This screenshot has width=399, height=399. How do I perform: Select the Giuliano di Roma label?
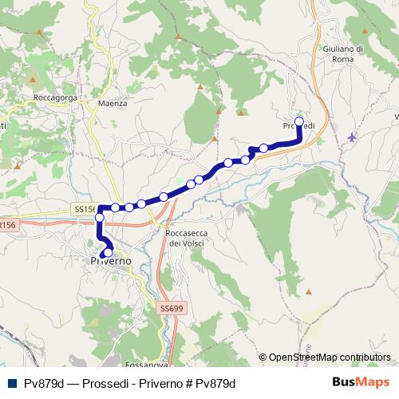[x=345, y=53]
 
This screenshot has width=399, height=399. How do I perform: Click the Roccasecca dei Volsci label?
[x=183, y=238]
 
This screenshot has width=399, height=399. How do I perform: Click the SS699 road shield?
[x=170, y=307]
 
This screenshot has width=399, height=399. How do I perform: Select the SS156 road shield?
[x=84, y=207]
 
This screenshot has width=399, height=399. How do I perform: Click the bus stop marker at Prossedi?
[x=299, y=122]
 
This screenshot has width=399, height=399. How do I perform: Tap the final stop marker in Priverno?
[x=108, y=254]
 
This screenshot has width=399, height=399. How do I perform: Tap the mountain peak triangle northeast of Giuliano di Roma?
[x=365, y=32]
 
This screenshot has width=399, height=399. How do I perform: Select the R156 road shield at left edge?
[x=7, y=226]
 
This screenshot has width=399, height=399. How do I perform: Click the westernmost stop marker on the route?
[x=100, y=217]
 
